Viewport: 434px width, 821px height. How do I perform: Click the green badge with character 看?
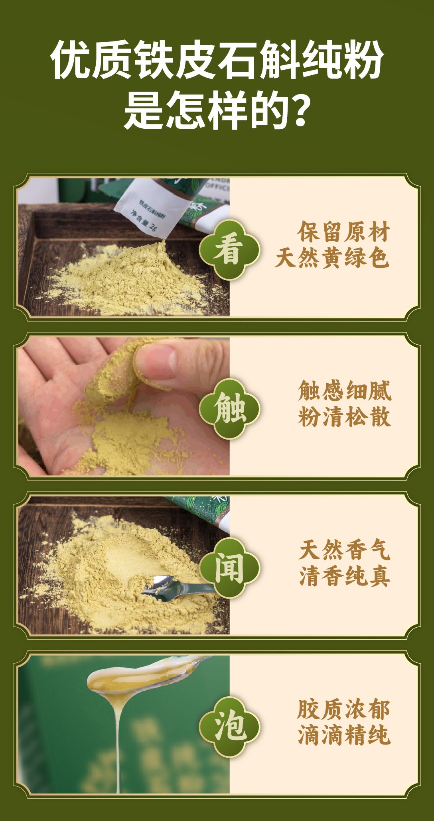click(x=229, y=249)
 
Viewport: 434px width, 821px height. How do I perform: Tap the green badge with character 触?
click(x=229, y=408)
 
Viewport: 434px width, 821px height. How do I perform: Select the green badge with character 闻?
click(x=229, y=568)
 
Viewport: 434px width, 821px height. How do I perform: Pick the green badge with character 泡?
click(x=229, y=727)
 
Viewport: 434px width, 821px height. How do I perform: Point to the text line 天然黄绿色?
click(x=332, y=258)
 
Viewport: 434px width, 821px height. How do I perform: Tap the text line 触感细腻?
click(x=345, y=391)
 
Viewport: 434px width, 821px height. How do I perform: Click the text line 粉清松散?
click(x=345, y=416)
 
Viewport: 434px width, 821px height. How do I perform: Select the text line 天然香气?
click(x=345, y=550)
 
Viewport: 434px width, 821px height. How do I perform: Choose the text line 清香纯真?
click(x=345, y=576)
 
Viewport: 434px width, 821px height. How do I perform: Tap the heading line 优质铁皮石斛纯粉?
click(x=217, y=60)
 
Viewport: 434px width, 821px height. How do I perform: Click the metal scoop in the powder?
click(x=178, y=585)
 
